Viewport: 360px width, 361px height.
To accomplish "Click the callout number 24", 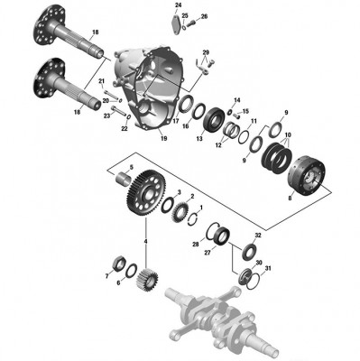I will pos(177,6).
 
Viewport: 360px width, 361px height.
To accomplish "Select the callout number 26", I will pos(203,17).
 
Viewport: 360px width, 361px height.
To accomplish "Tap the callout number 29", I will pos(206,53).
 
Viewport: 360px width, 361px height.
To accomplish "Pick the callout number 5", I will pos(130,168).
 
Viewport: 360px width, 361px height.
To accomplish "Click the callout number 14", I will pos(236,99).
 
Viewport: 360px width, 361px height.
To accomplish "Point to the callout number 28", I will pos(195,245).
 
